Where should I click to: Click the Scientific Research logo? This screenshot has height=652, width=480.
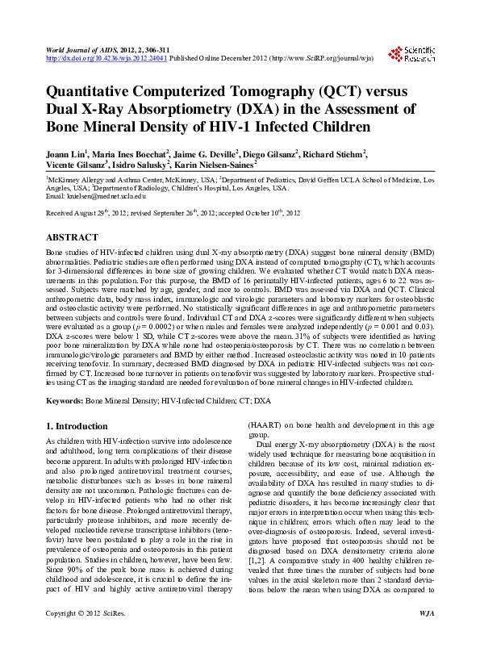click(411, 54)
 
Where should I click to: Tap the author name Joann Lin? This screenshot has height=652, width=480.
click(66, 153)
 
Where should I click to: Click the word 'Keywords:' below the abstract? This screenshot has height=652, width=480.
click(65, 399)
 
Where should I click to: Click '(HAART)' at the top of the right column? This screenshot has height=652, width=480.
click(265, 424)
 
